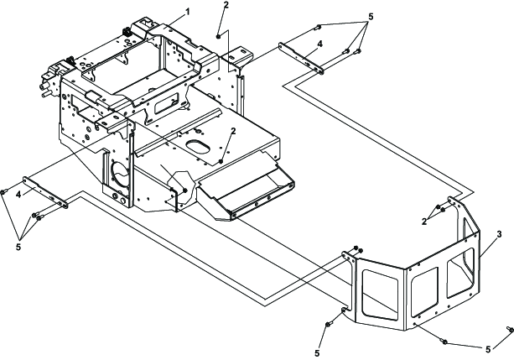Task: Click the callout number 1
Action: tap(188, 12)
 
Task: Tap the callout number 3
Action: tap(499, 234)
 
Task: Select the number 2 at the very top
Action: tap(226, 5)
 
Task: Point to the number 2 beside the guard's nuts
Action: tap(424, 222)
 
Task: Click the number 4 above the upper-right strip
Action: tap(320, 44)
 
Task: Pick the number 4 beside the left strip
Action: tap(18, 195)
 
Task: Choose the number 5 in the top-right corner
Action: tap(371, 17)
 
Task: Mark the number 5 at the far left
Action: tap(18, 247)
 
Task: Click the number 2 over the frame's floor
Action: tap(233, 131)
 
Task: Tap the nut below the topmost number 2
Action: tap(218, 36)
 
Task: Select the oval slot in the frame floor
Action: tap(198, 148)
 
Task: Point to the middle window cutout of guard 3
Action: tap(425, 291)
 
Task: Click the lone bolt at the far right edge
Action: tap(510, 329)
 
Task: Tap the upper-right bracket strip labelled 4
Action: tap(301, 59)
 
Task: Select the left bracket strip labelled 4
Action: tap(45, 193)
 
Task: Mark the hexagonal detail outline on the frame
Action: tap(181, 188)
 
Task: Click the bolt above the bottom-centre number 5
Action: tap(328, 324)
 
